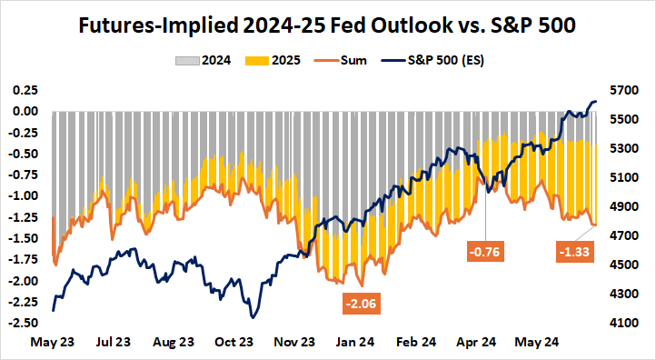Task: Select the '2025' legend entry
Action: (283, 62)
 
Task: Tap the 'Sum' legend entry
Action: (349, 62)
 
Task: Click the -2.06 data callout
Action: (360, 303)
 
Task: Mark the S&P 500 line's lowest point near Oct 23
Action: (252, 317)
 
